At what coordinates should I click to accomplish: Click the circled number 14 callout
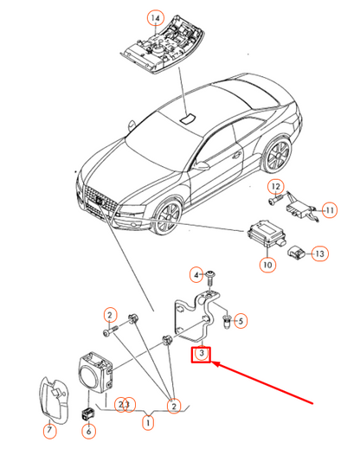(x=156, y=18)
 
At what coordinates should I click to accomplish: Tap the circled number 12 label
(x=276, y=187)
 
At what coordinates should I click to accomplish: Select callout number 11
(x=330, y=210)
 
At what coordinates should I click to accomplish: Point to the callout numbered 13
(x=320, y=253)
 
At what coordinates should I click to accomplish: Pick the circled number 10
(x=267, y=265)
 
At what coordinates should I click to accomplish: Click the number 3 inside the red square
(x=202, y=353)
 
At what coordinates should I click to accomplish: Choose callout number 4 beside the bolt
(x=196, y=275)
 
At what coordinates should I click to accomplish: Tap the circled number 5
(x=241, y=321)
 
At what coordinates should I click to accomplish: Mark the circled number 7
(x=49, y=430)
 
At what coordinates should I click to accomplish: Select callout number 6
(x=88, y=431)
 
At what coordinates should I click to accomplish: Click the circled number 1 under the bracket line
(x=148, y=423)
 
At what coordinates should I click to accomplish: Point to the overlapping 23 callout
(x=125, y=405)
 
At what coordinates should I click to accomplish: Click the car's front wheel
(x=167, y=214)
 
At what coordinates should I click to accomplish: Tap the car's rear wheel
(x=276, y=155)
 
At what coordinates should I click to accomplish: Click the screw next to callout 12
(x=276, y=201)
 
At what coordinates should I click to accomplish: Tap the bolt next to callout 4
(x=211, y=279)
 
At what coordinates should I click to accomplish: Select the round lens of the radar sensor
(x=89, y=375)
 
